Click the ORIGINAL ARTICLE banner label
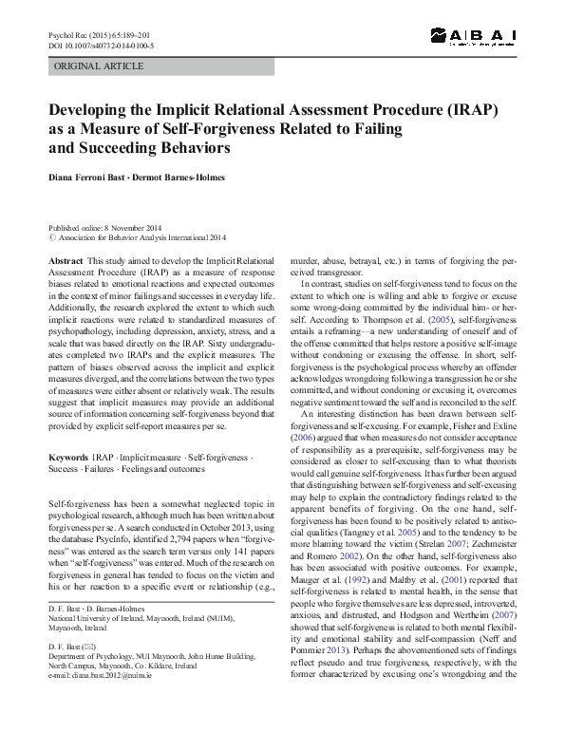point(100,66)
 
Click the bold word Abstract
point(65,260)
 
